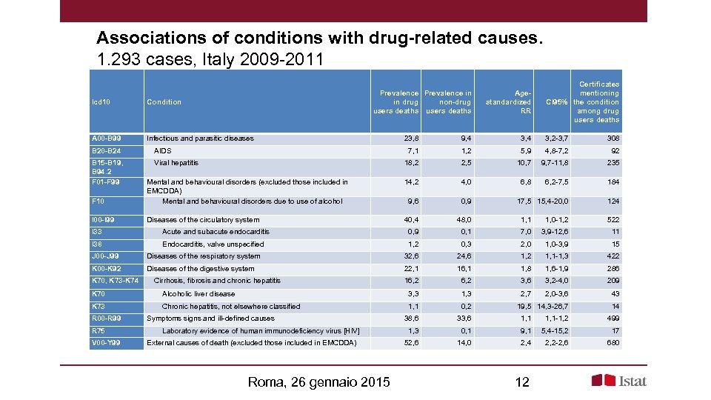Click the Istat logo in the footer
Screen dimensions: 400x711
[x=618, y=381]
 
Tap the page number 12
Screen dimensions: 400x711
[x=521, y=382]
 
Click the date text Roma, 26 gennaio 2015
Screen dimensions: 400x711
[x=319, y=382]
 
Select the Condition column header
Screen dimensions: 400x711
[x=164, y=102]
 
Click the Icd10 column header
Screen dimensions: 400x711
[x=101, y=102]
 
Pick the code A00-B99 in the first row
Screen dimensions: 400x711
[x=107, y=139]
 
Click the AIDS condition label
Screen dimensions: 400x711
[x=162, y=151]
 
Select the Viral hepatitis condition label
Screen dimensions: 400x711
[x=176, y=163]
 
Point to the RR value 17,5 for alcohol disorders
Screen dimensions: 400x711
[x=524, y=201]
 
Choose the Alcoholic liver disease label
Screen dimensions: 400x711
[x=198, y=294]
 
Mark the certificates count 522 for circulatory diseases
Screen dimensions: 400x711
[x=611, y=220]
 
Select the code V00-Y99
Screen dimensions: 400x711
[x=107, y=343]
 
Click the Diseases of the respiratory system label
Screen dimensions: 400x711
[x=204, y=256]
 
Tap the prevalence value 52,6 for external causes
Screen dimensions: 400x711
[x=410, y=343]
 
